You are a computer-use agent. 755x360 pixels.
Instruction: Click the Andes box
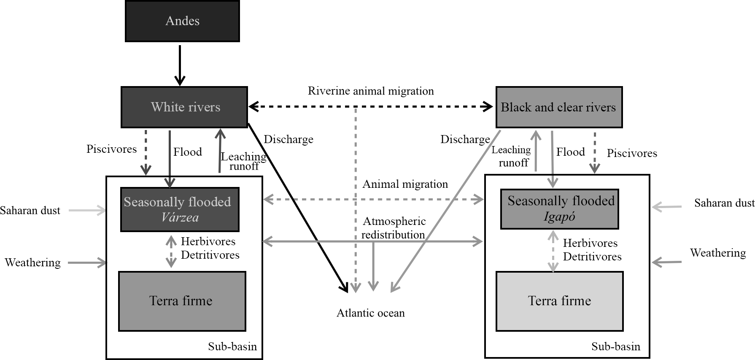[182, 21]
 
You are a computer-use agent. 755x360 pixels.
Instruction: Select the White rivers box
[184, 107]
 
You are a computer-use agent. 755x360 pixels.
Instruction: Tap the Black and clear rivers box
[558, 107]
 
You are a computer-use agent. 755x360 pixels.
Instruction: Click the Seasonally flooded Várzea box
[180, 210]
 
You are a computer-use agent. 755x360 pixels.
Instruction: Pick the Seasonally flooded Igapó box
[559, 209]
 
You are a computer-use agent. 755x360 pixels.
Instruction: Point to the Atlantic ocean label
[370, 313]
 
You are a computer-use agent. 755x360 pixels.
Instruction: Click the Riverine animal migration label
[371, 91]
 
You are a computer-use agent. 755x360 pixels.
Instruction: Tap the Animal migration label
[405, 184]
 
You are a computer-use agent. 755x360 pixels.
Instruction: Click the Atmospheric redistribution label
[394, 228]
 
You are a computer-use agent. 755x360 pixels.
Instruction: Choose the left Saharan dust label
[30, 211]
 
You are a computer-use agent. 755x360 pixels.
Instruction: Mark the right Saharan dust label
[724, 203]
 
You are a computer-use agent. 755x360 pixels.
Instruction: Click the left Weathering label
[32, 263]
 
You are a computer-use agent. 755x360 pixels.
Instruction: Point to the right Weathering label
[718, 253]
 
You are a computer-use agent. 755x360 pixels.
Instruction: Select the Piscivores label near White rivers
[111, 149]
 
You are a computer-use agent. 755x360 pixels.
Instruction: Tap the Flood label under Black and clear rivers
[570, 152]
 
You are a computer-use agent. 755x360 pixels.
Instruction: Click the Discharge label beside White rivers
[289, 140]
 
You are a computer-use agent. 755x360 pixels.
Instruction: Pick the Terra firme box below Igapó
[559, 301]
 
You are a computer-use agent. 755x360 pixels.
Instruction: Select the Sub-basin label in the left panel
[232, 347]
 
